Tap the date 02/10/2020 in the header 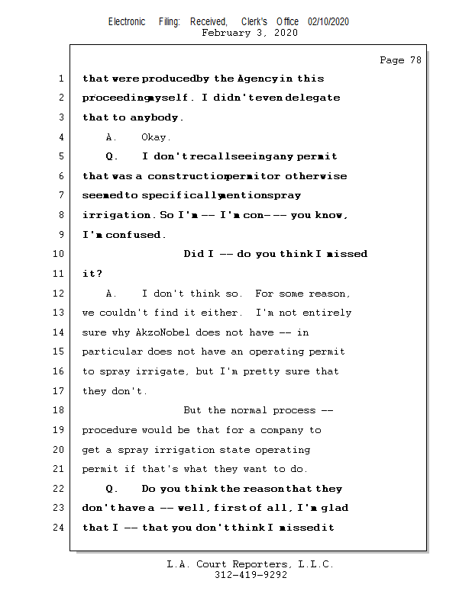coord(328,22)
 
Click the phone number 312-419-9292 coord(251,576)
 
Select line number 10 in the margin coord(59,254)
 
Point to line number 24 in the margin coord(59,527)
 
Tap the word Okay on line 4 coord(156,137)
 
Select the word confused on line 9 coord(135,235)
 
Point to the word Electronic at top coord(127,22)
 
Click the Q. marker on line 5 coord(112,157)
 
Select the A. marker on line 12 coord(112,294)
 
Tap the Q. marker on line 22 coord(112,489)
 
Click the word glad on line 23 coord(335,508)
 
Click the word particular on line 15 coord(112,352)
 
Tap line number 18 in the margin coord(59,410)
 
